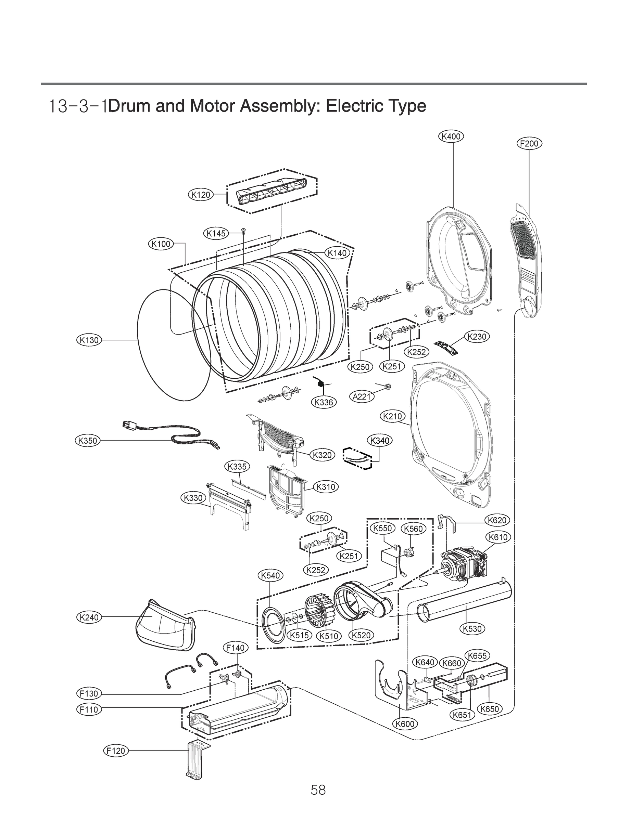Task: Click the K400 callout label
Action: click(x=451, y=136)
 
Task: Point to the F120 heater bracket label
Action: click(x=116, y=751)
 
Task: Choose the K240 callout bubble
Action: click(x=89, y=617)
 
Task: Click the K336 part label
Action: click(x=324, y=403)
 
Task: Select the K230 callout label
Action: click(x=477, y=337)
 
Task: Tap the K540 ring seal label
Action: click(x=270, y=575)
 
